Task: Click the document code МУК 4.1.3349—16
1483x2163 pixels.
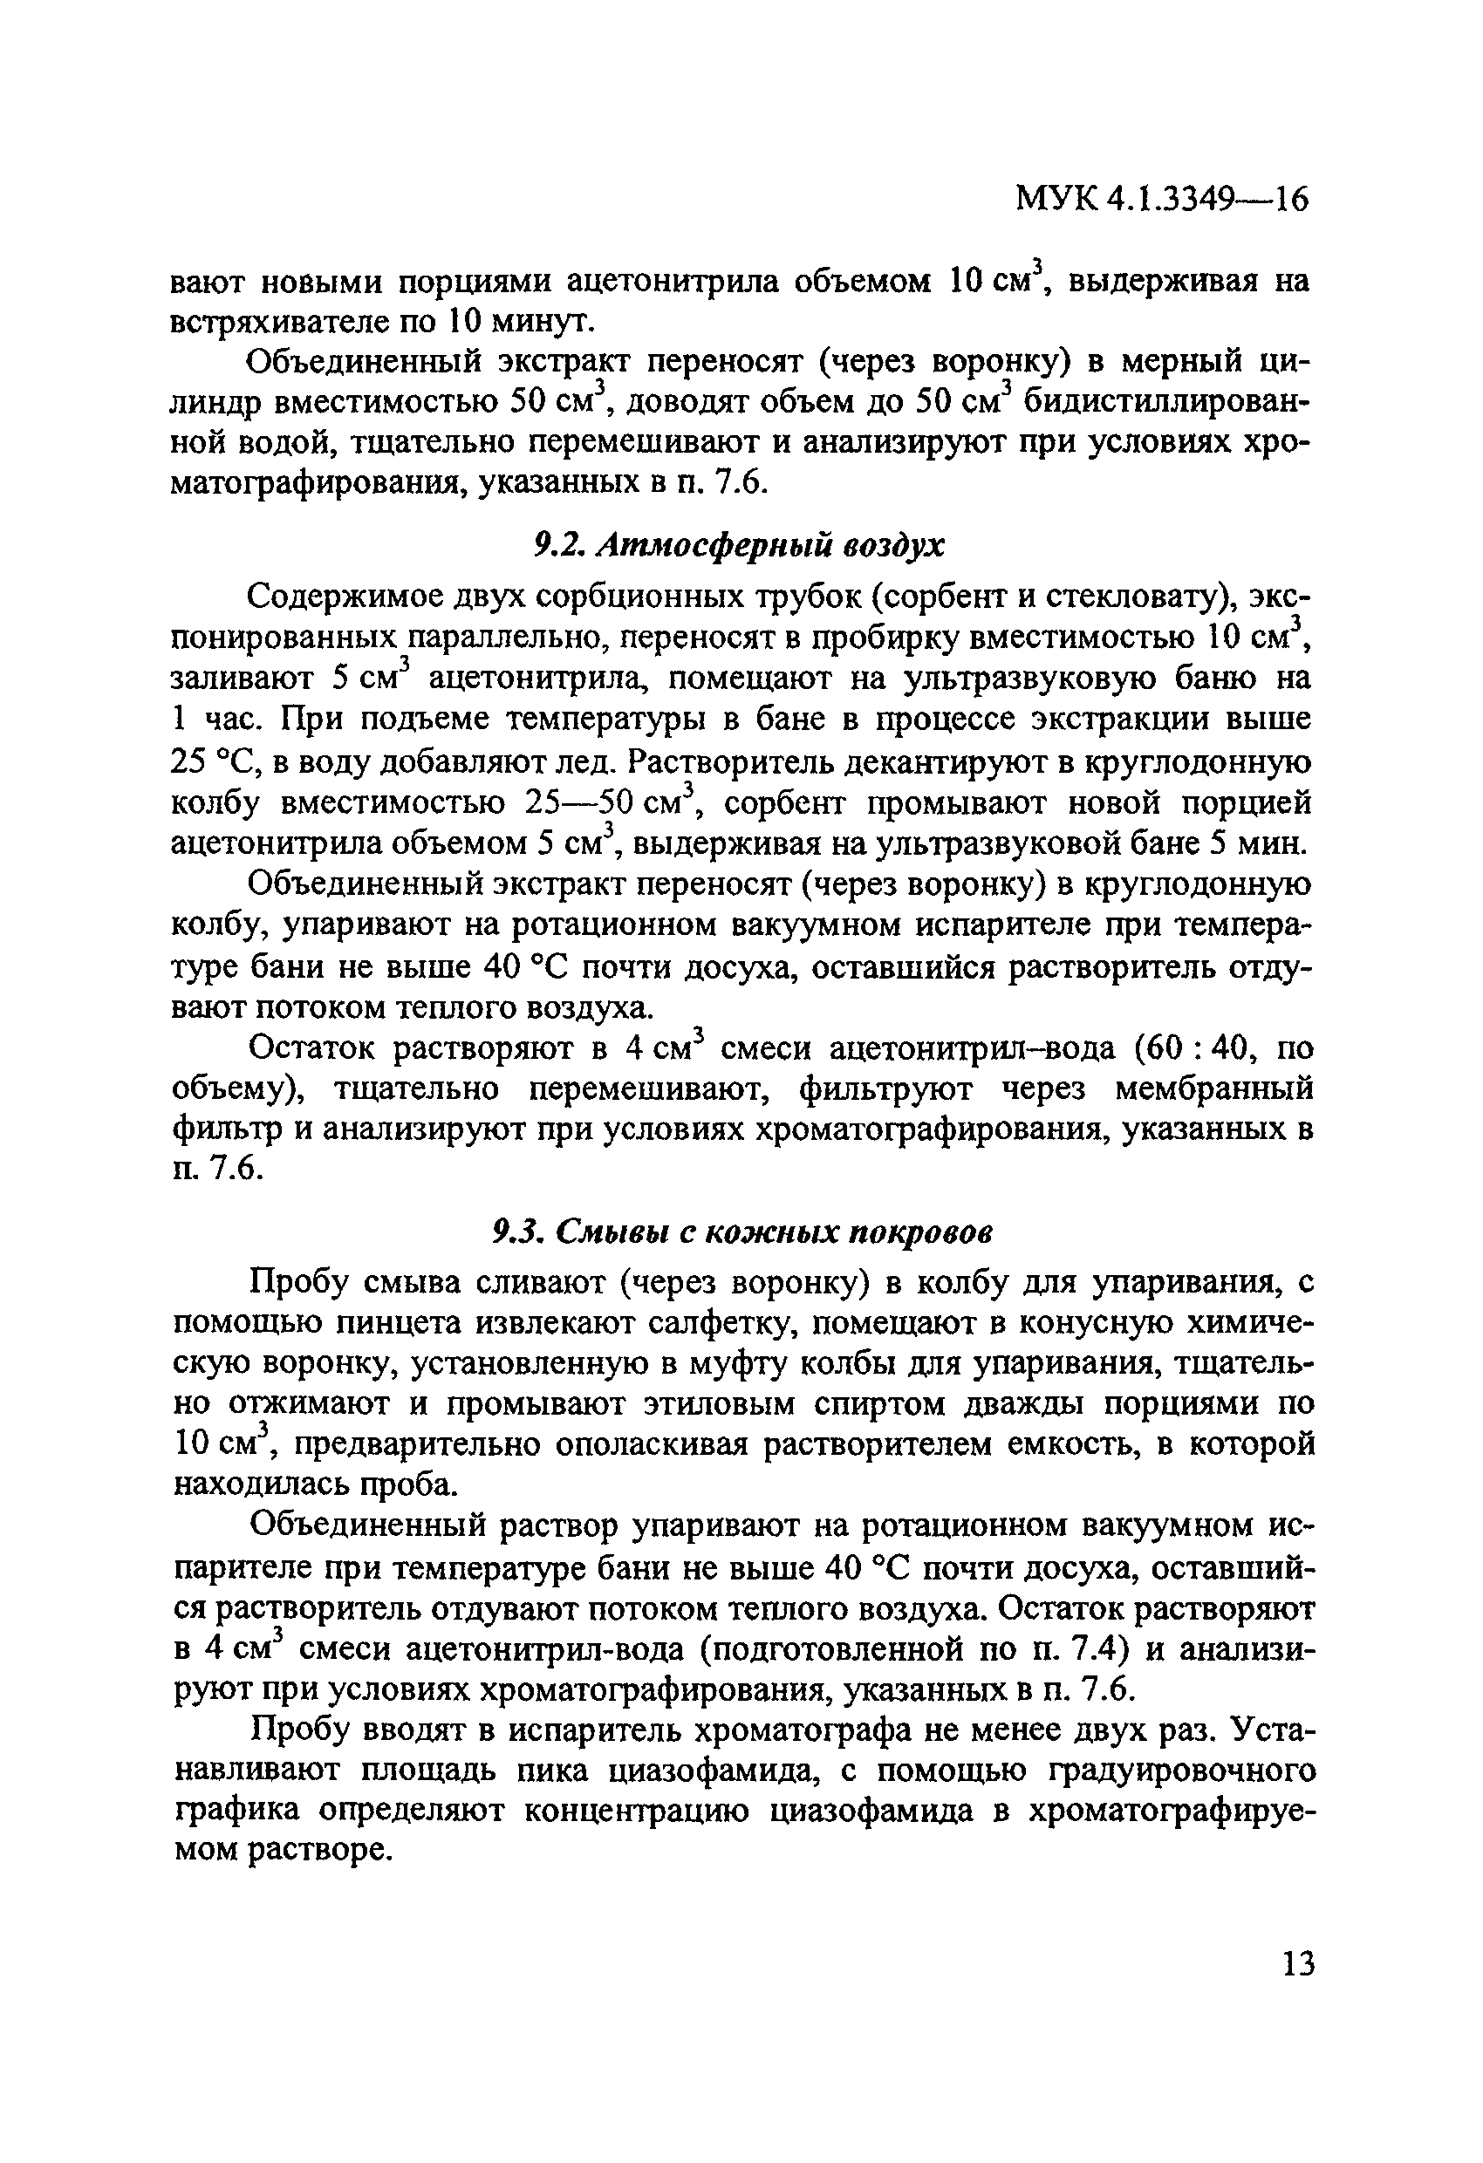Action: (x=1162, y=198)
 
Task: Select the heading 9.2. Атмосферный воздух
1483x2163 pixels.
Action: (x=738, y=545)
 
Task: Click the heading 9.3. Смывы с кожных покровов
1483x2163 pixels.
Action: (x=741, y=1232)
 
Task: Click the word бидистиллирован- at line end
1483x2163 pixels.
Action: (x=1167, y=402)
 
